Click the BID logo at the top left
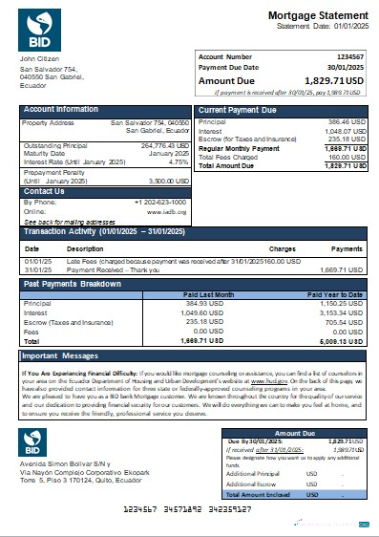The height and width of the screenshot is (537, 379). coord(38,30)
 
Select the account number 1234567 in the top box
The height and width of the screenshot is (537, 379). coord(348,57)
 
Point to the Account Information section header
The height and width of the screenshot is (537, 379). coord(61,110)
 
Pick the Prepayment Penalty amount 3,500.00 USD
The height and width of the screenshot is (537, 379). coord(168,179)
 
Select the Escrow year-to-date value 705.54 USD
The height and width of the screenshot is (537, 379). coord(341,323)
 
